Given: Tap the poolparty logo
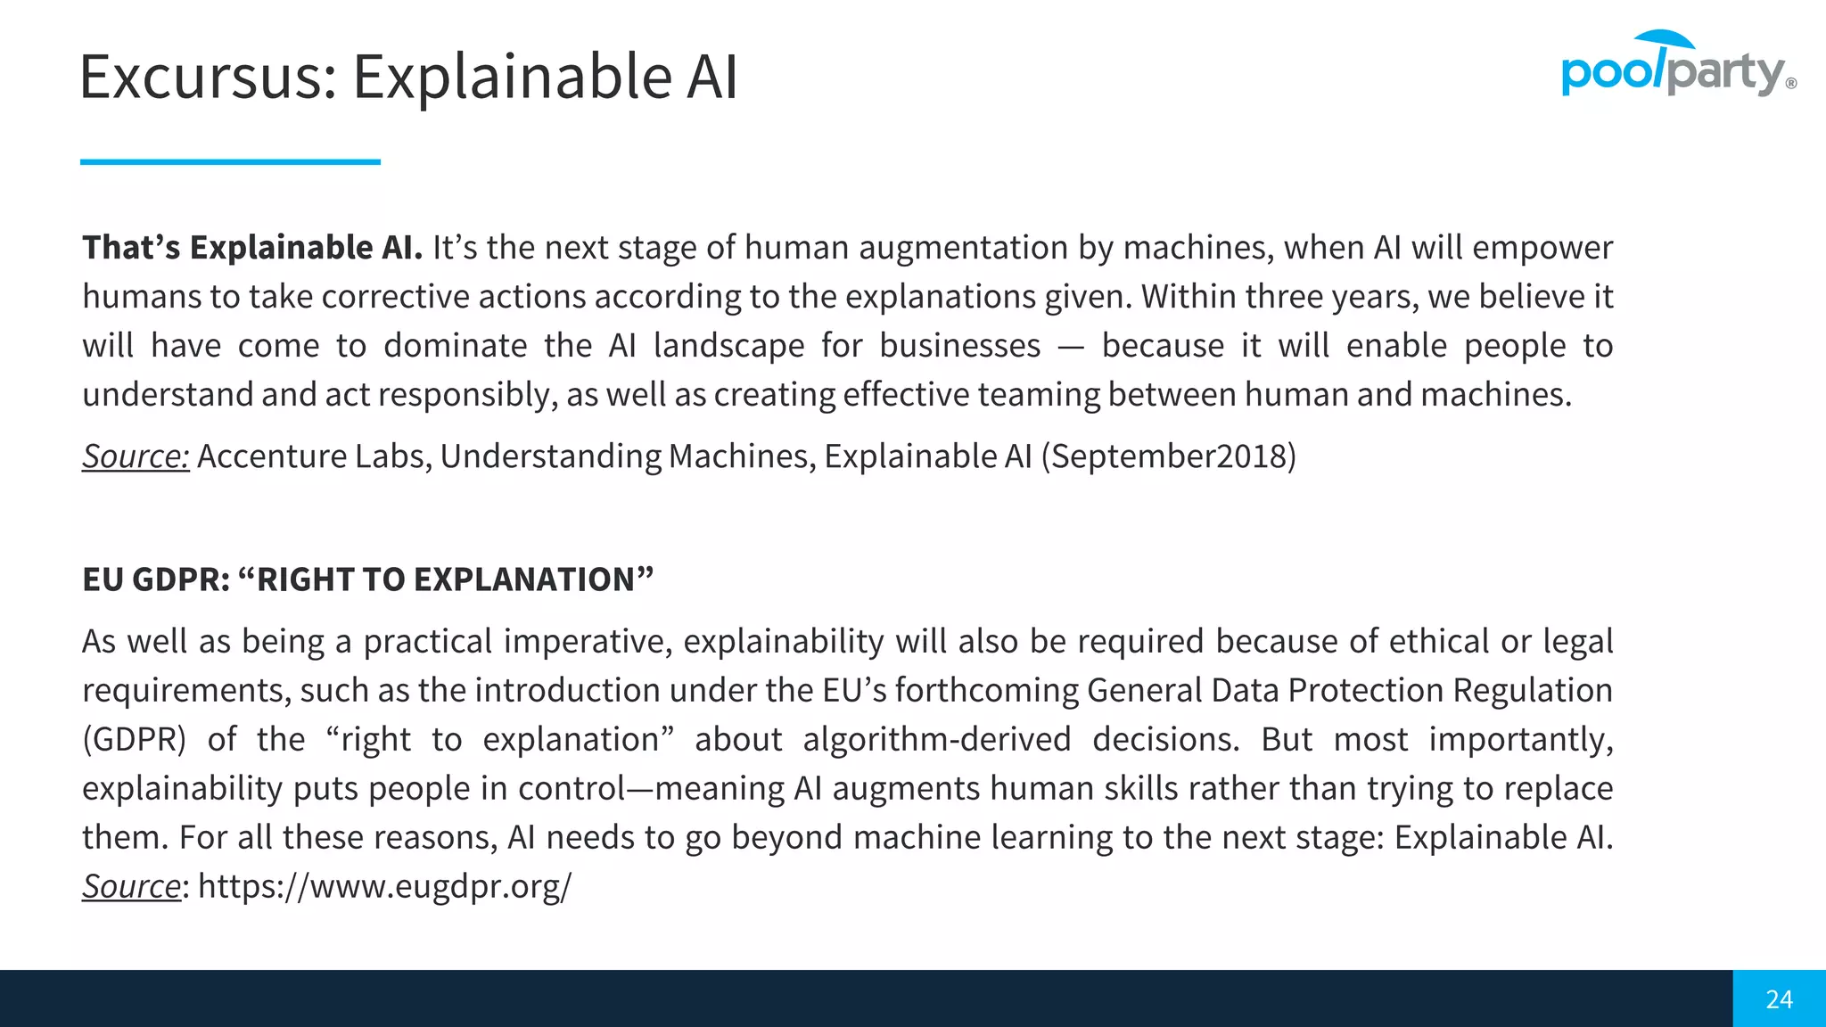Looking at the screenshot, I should point(1677,65).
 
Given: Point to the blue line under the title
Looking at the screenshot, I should point(230,161).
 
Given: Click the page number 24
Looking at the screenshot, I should point(1779,999).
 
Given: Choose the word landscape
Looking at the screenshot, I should point(728,346).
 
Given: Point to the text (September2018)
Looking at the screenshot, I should point(1169,456).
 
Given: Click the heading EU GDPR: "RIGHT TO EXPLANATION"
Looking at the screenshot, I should point(367,579).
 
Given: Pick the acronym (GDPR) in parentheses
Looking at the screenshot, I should point(134,740).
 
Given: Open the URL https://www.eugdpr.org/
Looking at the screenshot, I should point(384,887).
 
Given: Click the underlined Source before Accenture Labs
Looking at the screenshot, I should point(136,456).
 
